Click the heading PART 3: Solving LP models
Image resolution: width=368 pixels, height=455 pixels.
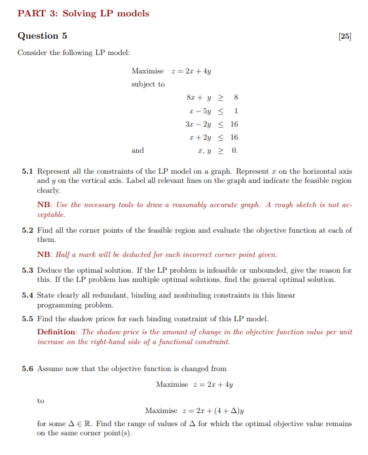pos(83,13)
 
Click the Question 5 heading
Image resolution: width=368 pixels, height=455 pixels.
pos(42,35)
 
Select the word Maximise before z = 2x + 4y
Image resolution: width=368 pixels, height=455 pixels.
pos(147,70)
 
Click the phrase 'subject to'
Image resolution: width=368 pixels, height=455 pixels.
pos(148,84)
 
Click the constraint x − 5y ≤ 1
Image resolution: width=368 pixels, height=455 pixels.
pos(215,111)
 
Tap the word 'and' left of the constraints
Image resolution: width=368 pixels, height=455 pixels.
pos(138,150)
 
